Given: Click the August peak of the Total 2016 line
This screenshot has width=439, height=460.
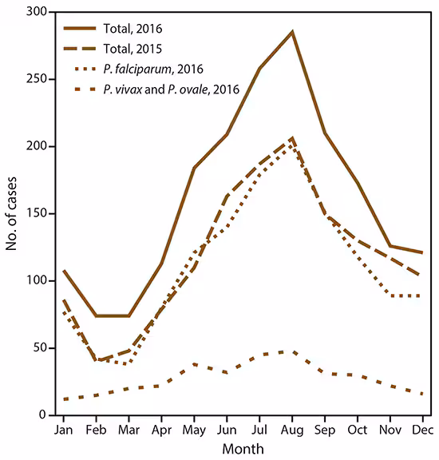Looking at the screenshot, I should coord(292,31).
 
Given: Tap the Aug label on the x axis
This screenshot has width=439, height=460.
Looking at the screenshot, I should coord(292,429).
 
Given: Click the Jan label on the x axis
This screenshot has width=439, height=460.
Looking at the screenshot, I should coord(63,429).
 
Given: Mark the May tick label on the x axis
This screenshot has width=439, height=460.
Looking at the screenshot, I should coord(194,429).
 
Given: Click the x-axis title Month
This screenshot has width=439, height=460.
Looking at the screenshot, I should coord(243,449).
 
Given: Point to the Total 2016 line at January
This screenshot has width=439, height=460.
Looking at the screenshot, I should coord(63,271).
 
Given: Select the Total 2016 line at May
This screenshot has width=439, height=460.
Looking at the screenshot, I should coord(194,168).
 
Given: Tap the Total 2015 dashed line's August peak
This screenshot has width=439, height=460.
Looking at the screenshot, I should coord(292,138).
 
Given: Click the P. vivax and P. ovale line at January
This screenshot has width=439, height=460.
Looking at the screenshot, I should coord(63,399).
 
